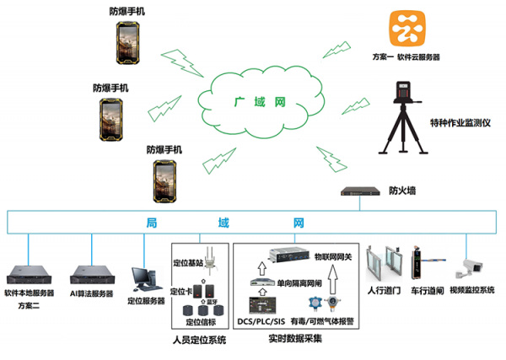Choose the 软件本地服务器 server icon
pyautogui.click(x=29, y=272)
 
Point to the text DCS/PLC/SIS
pyautogui.click(x=260, y=321)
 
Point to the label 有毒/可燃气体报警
pyautogui.click(x=324, y=321)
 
